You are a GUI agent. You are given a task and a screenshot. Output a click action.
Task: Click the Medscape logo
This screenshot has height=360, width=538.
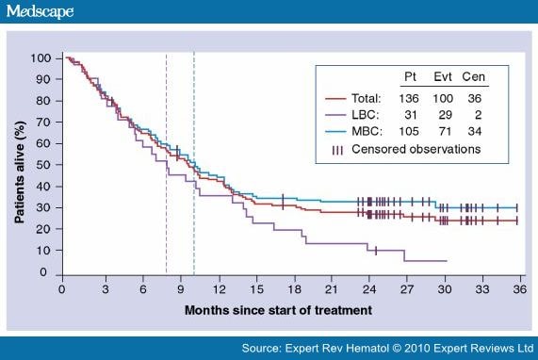click(39, 12)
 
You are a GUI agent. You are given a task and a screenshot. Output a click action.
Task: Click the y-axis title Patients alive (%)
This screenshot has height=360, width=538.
click(19, 165)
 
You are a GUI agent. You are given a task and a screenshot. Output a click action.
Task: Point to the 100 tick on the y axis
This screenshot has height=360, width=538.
click(41, 58)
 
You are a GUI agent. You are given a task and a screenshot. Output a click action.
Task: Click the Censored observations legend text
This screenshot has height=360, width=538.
click(425, 149)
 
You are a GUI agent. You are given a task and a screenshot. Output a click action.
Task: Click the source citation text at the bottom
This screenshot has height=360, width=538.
click(386, 347)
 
